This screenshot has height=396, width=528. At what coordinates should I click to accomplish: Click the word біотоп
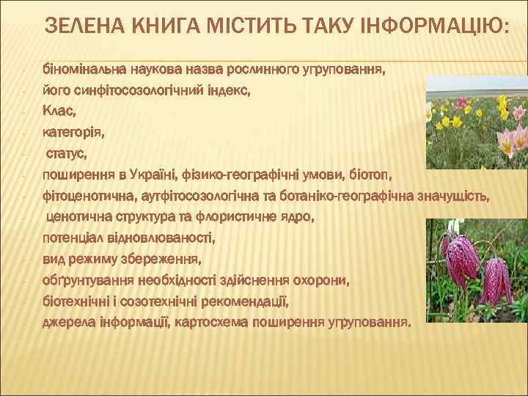(x=372, y=176)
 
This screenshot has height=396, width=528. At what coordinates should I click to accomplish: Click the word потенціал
(x=77, y=238)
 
